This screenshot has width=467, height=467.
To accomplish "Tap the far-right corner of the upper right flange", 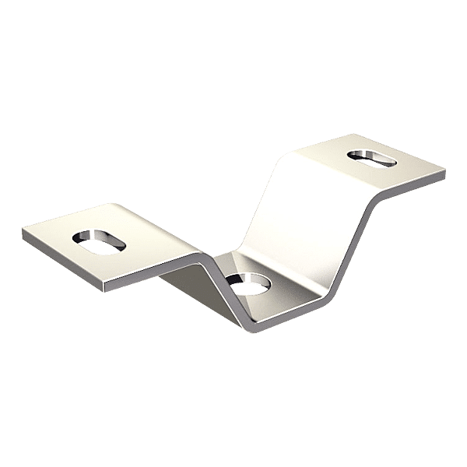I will tap(446, 169).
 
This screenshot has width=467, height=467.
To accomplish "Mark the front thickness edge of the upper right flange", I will tap(413, 187).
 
